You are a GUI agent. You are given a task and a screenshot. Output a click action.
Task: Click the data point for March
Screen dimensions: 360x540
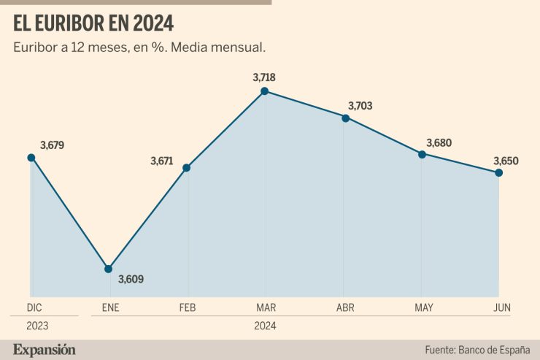[265, 91]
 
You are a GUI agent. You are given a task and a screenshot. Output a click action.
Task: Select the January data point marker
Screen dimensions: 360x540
[108, 269]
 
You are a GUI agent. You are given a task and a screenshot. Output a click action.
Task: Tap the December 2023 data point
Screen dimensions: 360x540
[31, 157]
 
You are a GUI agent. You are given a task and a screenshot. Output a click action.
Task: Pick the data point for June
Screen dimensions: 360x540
[498, 173]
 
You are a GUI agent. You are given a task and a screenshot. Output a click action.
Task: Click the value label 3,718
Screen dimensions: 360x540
[263, 77]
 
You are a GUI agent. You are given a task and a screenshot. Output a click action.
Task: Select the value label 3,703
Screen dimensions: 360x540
[360, 106]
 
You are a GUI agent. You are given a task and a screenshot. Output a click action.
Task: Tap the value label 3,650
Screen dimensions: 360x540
[506, 161]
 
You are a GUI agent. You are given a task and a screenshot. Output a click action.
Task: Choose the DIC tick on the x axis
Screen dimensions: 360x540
[34, 308]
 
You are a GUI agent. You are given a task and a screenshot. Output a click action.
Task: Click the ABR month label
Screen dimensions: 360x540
[345, 308]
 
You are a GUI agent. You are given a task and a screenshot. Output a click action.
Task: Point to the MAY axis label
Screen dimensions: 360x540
[424, 308]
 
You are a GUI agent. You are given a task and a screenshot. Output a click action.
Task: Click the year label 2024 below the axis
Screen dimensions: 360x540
[266, 326]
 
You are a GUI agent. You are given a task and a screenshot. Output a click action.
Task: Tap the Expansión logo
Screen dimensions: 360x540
[44, 349]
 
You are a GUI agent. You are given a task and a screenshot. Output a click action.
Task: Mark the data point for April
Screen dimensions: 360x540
[345, 117]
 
